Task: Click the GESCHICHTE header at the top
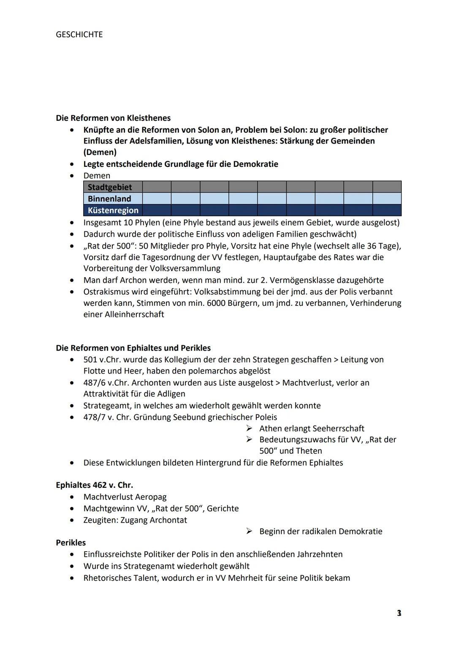[79, 35]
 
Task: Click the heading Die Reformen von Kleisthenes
[113, 118]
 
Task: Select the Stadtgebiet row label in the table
[110, 187]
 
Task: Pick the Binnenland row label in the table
[109, 199]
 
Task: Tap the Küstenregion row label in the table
[113, 210]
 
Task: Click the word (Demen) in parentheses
[100, 152]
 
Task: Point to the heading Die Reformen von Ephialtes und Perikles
[133, 348]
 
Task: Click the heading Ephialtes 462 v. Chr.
[94, 485]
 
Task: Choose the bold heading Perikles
[71, 543]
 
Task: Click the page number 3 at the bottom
[399, 613]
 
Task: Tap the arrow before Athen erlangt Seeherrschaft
[249, 428]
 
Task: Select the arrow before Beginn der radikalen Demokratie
[249, 531]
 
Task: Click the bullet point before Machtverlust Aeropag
[74, 497]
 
